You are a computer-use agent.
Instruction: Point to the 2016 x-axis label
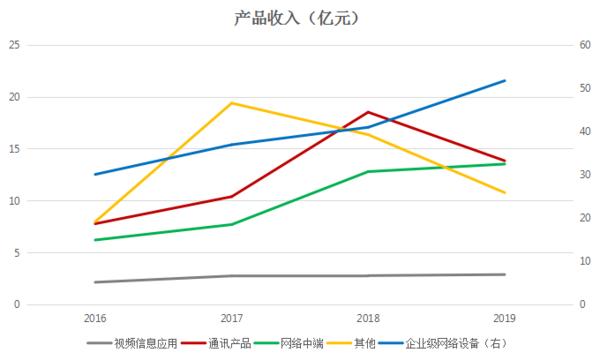tap(95, 317)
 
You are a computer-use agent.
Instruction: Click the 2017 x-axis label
tap(232, 317)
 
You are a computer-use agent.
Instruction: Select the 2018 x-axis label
tap(368, 317)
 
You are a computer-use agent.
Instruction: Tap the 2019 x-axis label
tap(505, 317)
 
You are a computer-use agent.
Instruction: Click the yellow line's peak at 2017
tap(232, 103)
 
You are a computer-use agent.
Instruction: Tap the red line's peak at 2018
tap(368, 111)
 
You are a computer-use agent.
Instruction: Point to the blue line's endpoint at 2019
tap(505, 80)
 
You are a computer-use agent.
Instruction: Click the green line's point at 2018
tap(368, 172)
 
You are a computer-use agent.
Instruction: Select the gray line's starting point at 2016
tap(95, 282)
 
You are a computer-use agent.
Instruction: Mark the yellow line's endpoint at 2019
tap(505, 193)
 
